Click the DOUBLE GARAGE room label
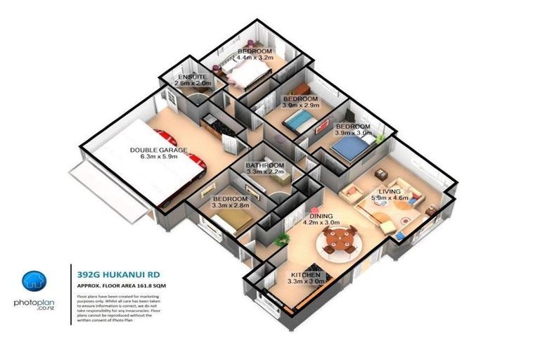tap(158, 149)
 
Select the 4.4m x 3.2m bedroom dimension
tap(254, 60)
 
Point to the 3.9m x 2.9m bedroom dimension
tap(300, 106)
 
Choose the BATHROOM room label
tap(264, 166)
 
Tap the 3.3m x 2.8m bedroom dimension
tap(231, 207)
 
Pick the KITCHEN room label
tap(305, 274)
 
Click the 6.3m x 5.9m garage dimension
tap(158, 157)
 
